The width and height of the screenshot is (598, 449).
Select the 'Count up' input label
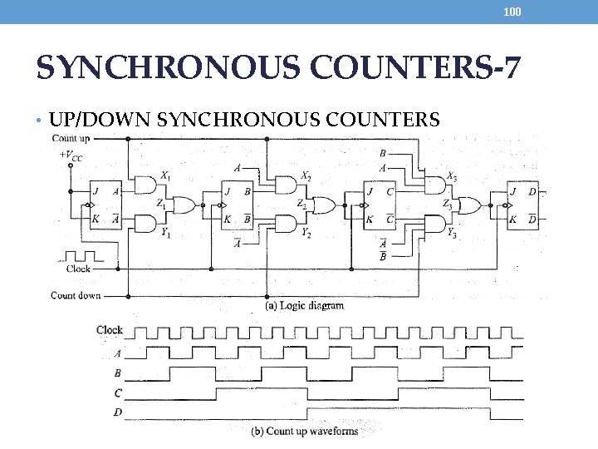click(x=71, y=138)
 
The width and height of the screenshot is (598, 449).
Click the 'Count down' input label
click(x=76, y=295)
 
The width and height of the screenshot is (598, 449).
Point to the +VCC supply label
click(x=71, y=155)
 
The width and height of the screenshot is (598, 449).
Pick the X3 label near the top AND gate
click(x=451, y=175)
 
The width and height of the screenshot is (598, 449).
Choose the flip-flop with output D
click(x=523, y=205)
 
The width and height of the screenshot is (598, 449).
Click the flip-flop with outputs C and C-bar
click(x=380, y=205)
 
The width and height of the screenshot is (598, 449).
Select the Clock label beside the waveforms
click(x=110, y=330)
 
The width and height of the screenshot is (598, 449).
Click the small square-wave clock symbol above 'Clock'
click(x=79, y=254)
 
